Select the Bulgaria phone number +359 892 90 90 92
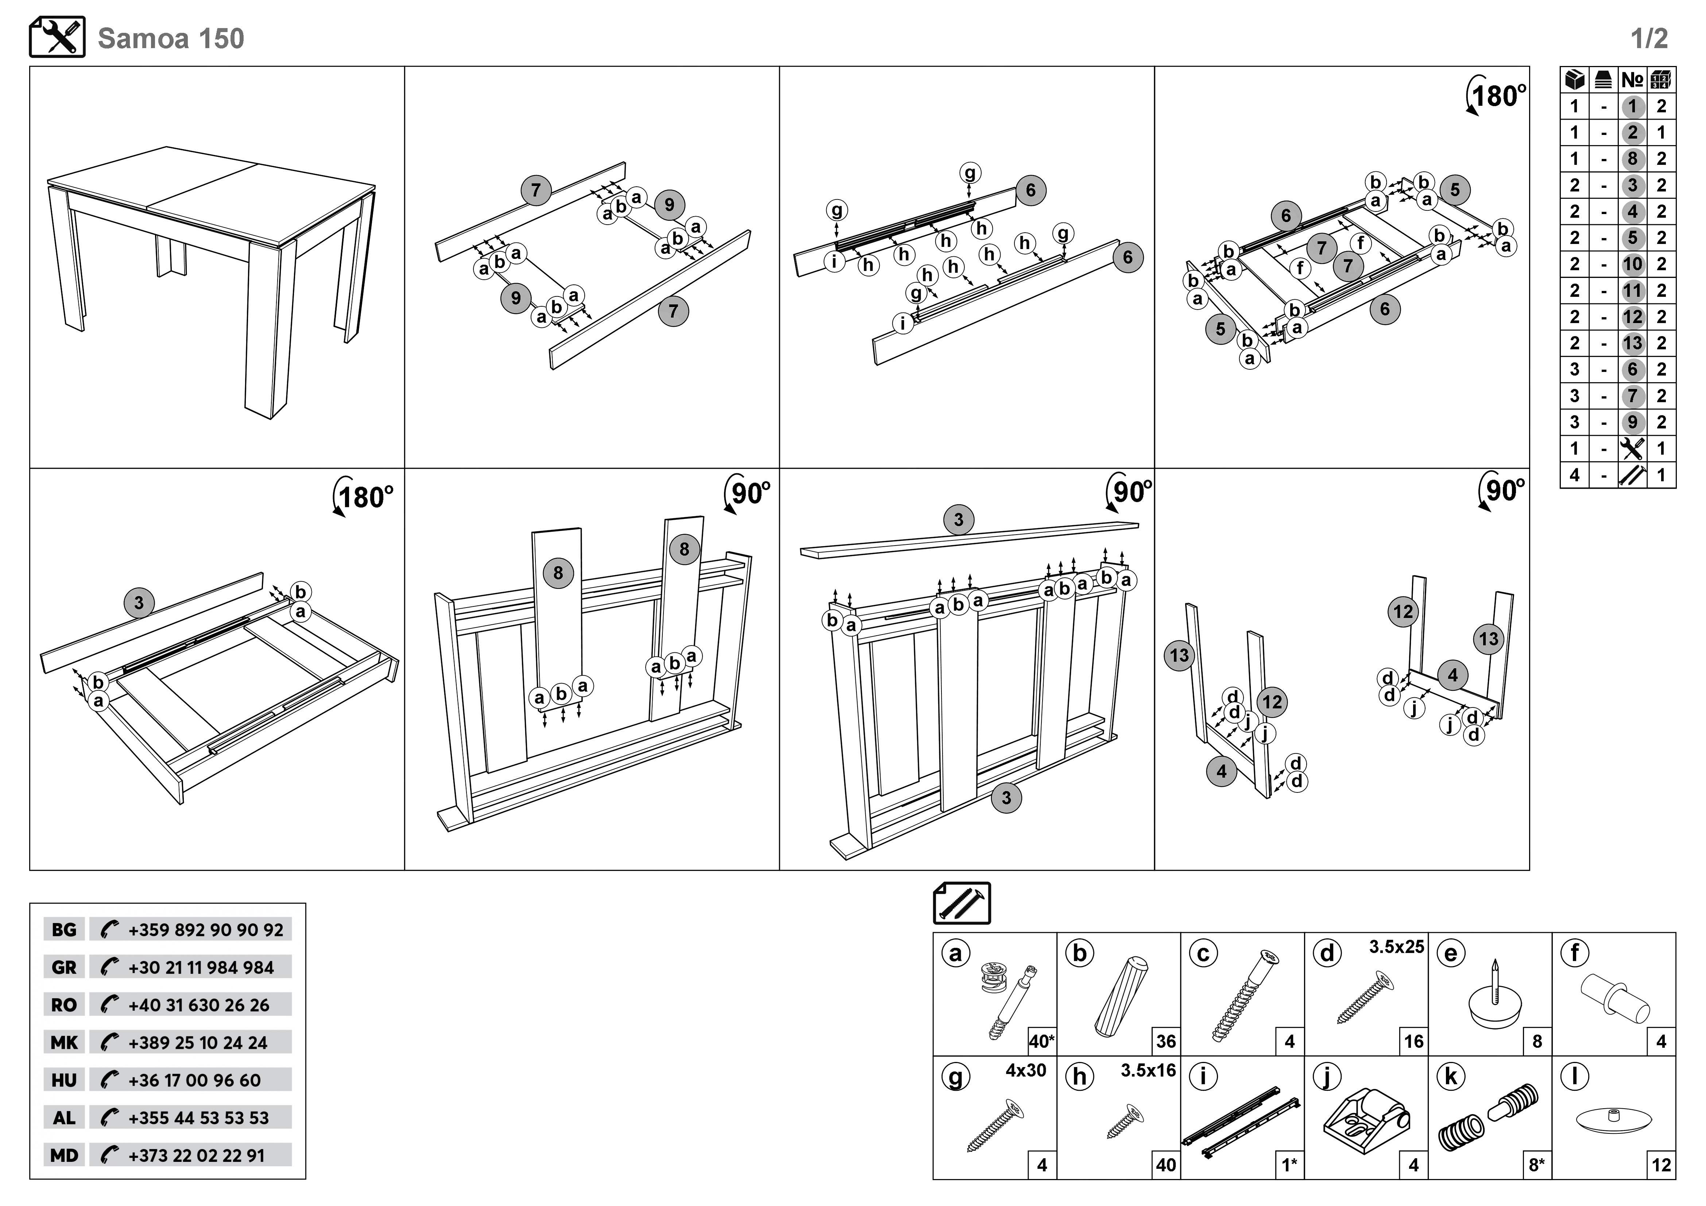pos(205,930)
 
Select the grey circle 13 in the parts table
pos(1632,343)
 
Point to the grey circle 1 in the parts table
pos(1632,106)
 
